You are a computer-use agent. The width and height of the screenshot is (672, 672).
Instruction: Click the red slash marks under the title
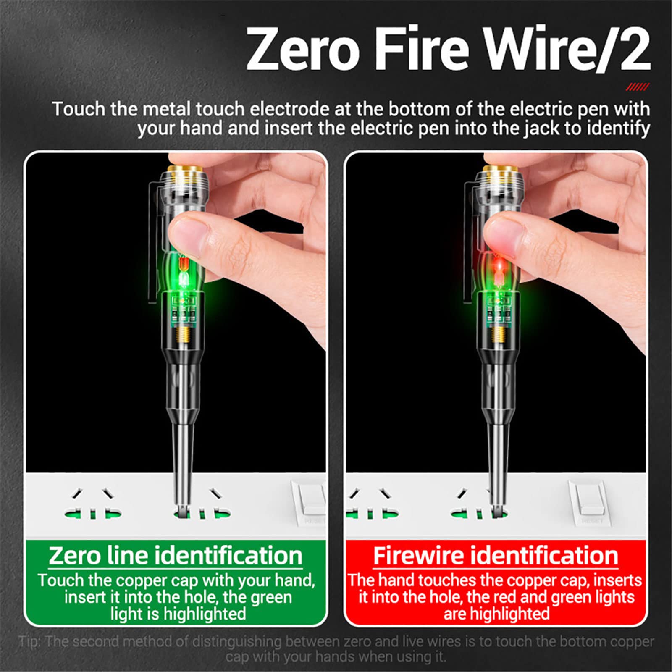click(x=637, y=87)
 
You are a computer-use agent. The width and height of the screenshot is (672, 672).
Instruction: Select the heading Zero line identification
click(x=176, y=556)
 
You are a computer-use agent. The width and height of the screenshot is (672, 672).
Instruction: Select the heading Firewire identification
click(x=496, y=556)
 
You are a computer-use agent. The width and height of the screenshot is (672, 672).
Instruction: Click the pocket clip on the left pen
click(x=156, y=235)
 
